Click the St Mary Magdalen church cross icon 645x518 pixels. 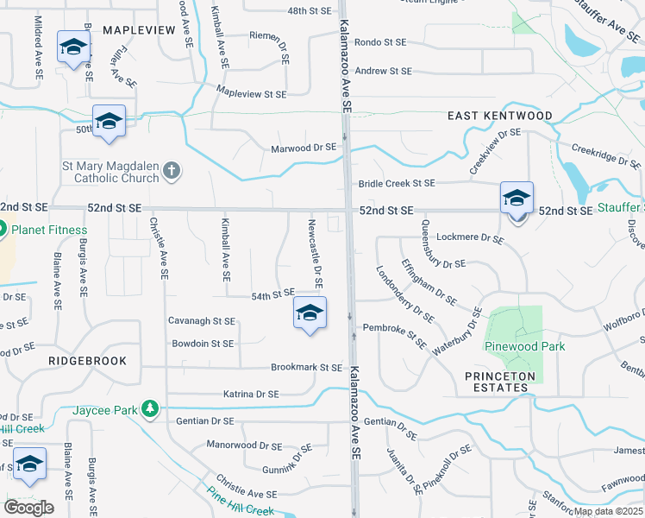(172, 170)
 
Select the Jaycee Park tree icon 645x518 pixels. (151, 407)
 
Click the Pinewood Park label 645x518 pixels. (523, 346)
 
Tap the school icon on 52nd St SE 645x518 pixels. (517, 199)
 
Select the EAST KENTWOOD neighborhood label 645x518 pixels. (500, 116)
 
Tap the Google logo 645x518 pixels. (28, 508)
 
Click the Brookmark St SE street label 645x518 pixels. (307, 367)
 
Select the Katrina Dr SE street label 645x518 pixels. (250, 394)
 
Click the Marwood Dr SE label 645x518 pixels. (304, 148)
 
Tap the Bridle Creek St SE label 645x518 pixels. (397, 183)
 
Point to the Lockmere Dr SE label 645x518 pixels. (470, 237)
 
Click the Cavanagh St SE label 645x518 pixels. (202, 321)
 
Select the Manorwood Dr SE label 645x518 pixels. (244, 446)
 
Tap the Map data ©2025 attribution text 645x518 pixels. (608, 511)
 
